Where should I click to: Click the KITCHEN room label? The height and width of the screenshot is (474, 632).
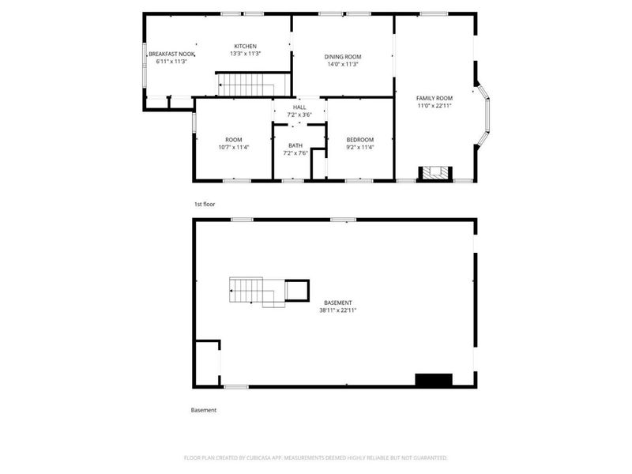(x=245, y=47)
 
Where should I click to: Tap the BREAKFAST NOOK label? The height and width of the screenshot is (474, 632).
(x=171, y=54)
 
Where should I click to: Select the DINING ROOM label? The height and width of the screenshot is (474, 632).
(x=343, y=57)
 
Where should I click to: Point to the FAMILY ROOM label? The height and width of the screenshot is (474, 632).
(x=434, y=98)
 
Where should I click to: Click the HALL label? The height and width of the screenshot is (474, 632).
(x=299, y=107)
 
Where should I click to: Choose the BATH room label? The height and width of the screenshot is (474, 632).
(x=295, y=145)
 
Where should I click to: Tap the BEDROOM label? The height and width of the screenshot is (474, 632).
(x=360, y=140)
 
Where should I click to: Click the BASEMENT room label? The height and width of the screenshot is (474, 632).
(x=338, y=303)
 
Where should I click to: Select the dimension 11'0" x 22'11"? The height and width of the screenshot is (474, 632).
(x=434, y=106)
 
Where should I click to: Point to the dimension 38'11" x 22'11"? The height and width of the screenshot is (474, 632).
(x=338, y=310)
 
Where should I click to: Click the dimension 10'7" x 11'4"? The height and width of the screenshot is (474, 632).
(x=233, y=148)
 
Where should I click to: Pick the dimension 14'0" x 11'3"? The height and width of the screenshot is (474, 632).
(x=343, y=64)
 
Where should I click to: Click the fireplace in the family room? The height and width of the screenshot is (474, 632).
(x=435, y=173)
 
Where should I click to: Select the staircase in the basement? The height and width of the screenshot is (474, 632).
(x=258, y=292)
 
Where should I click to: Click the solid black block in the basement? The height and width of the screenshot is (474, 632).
(x=434, y=380)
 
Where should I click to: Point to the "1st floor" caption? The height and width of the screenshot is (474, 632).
(x=205, y=205)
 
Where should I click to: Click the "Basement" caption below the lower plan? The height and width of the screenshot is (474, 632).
(x=204, y=410)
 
